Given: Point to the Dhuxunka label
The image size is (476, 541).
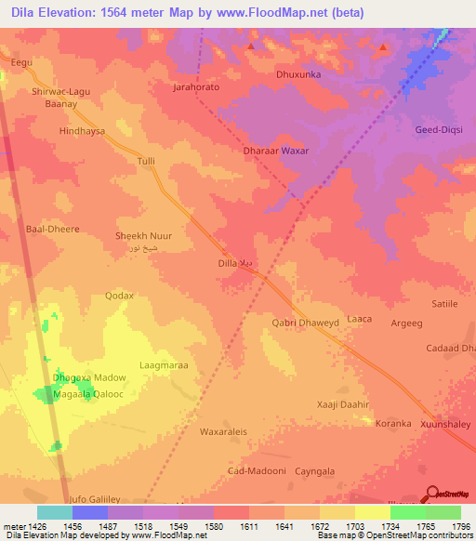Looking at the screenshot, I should click(300, 73).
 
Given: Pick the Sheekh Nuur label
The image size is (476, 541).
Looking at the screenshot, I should click(143, 236).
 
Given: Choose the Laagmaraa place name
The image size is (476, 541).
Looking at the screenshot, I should click(164, 365).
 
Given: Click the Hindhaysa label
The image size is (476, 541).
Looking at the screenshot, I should click(82, 132).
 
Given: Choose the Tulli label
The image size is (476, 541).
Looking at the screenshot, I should click(146, 161).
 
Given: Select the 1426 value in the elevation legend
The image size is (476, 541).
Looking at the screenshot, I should click(36, 526).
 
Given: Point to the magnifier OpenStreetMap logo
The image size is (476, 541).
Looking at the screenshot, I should click(430, 494).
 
